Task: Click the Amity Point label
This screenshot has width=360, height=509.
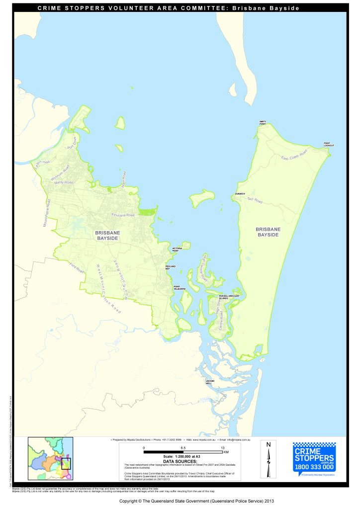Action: pos(263,122)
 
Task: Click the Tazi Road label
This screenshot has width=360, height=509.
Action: pos(254,200)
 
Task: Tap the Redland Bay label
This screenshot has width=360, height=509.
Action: pos(171,267)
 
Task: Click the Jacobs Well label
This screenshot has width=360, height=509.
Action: pos(209,382)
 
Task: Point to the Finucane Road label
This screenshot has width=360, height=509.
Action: pos(123,215)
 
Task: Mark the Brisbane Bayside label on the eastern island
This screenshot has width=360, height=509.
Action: pos(268,232)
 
